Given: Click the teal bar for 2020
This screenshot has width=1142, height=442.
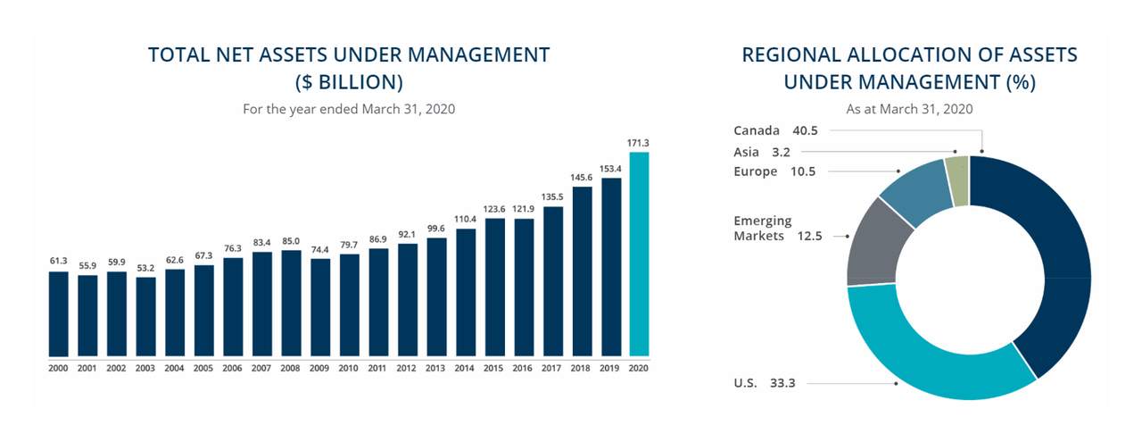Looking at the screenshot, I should [639, 254].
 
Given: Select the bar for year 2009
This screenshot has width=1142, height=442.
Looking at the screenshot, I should [320, 307].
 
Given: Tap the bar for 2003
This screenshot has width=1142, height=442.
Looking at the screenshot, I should [145, 316].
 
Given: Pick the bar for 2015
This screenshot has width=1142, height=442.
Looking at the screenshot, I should [494, 287].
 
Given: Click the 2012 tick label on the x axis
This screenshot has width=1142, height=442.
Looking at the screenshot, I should [407, 367].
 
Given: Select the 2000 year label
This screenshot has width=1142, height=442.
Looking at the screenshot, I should [58, 367].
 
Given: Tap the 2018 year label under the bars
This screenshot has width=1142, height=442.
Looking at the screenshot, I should [582, 367].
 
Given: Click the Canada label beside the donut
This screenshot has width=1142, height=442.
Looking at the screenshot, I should [757, 130].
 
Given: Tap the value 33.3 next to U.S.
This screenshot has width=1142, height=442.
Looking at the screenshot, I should [782, 383].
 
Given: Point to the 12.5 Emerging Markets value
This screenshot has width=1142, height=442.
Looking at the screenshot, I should [809, 236].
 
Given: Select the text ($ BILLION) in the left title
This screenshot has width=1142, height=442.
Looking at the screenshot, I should [349, 83].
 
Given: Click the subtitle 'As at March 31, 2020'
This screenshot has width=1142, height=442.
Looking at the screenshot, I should [909, 109].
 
